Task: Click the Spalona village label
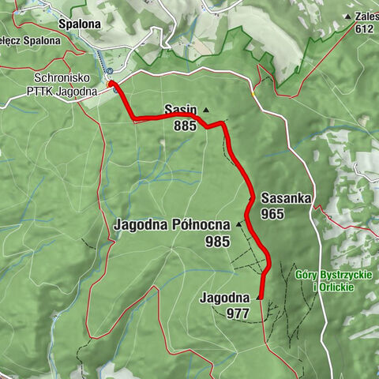pos(78,24)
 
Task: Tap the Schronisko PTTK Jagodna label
pos(66,85)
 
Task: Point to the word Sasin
pos(180,108)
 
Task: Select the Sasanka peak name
pos(286,197)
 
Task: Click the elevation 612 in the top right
pos(364,29)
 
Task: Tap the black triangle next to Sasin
pos(205,110)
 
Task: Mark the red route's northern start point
pos(111,83)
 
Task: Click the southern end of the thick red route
pos(261,298)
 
